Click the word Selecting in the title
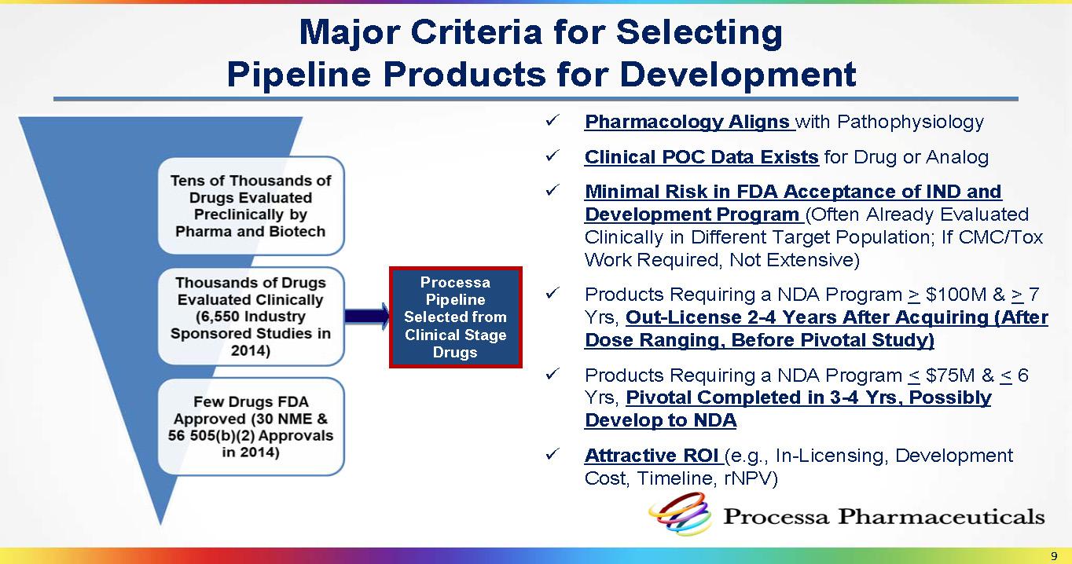point(699,33)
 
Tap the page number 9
point(1054,556)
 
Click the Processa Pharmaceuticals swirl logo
point(680,515)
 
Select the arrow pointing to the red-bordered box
point(367,317)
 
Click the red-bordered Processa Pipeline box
point(456,317)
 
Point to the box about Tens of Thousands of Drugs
point(251,206)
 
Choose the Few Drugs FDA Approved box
point(251,427)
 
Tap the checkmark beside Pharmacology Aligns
point(553,120)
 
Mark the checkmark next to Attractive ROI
point(553,453)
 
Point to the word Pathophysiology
point(910,122)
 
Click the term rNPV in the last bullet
point(751,478)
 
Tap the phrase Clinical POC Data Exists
point(702,157)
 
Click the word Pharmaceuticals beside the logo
point(942,517)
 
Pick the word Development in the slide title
point(737,75)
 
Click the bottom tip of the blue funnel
point(160,526)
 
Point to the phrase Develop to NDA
point(660,420)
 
